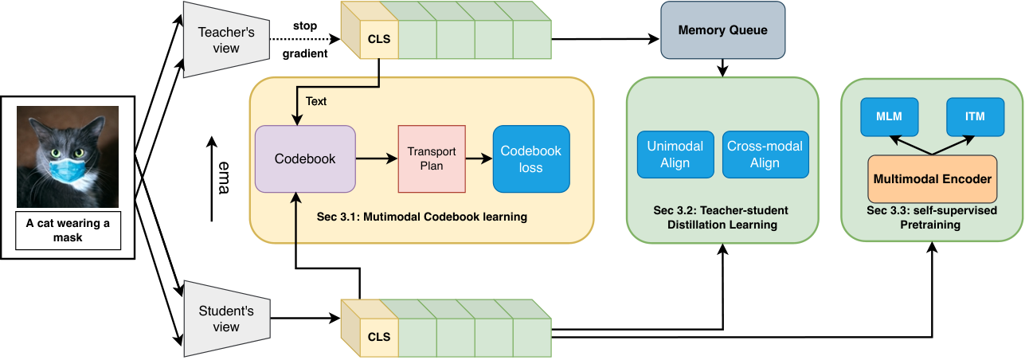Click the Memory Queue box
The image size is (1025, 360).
click(722, 30)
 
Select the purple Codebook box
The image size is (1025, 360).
click(305, 158)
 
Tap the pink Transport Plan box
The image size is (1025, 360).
click(432, 158)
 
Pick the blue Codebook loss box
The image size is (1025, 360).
click(530, 158)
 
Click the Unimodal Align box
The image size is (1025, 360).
click(675, 155)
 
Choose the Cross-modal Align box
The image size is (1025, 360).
click(765, 155)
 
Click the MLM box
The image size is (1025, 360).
click(889, 116)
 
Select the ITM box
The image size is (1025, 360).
click(975, 116)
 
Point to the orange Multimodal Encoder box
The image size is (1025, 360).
click(932, 179)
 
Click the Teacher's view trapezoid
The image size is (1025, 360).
click(226, 40)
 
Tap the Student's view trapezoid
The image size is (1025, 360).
click(226, 319)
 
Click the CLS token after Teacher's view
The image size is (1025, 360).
click(379, 39)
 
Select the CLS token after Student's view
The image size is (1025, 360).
click(379, 337)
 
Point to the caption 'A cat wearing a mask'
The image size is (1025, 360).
click(68, 230)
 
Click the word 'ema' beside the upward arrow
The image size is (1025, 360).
click(223, 178)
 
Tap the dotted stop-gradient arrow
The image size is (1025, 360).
click(305, 39)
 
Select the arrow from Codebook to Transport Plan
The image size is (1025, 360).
click(376, 158)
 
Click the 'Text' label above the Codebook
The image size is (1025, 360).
click(316, 101)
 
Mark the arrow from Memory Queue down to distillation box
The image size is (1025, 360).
click(722, 68)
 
